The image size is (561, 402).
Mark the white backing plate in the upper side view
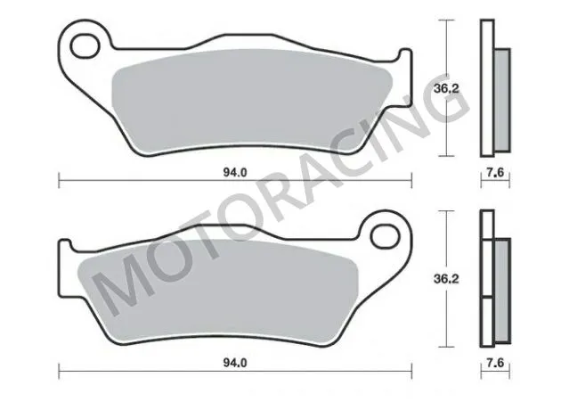[486, 89]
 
